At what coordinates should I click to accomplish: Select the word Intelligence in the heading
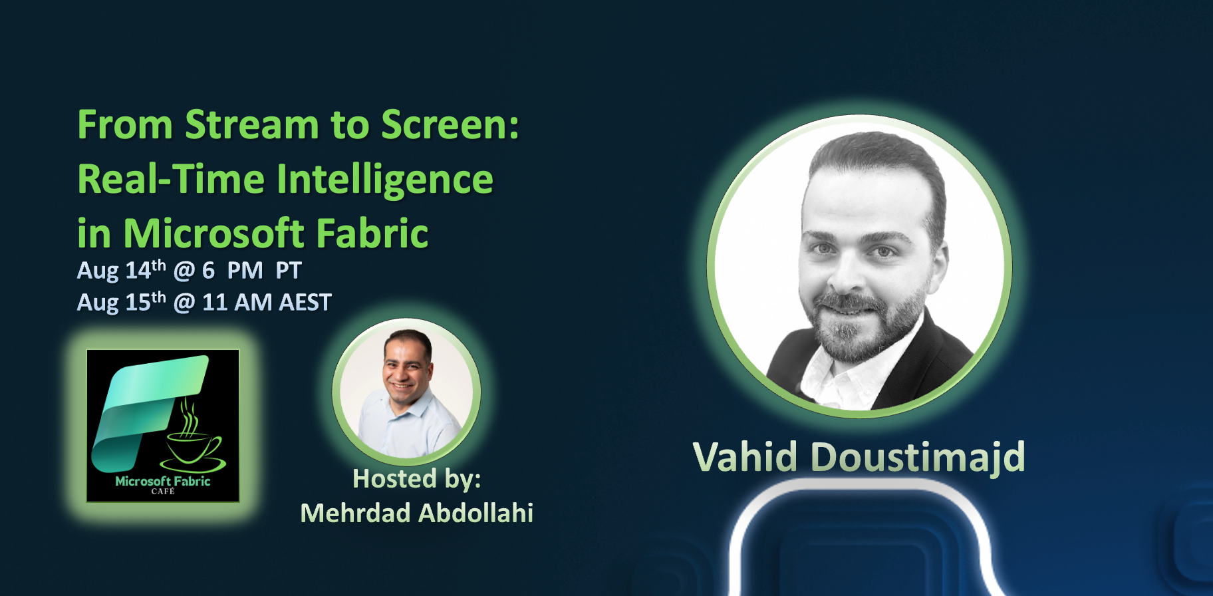385,180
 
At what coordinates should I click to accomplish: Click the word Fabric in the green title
372,233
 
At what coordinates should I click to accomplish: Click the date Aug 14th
122,269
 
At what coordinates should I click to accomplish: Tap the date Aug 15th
122,301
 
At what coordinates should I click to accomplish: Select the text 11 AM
237,303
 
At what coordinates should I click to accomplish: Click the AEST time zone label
305,303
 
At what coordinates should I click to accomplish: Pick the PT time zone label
289,271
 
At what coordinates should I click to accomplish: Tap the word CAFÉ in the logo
163,492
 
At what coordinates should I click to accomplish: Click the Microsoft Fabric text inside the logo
163,481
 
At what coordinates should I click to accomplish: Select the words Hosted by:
417,479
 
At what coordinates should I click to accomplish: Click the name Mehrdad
355,514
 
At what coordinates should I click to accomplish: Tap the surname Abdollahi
476,514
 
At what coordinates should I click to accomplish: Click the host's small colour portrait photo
406,392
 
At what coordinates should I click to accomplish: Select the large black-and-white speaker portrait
860,266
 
